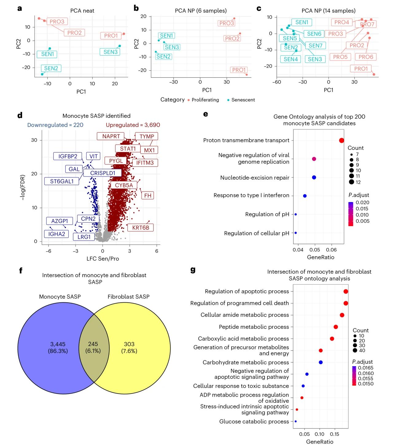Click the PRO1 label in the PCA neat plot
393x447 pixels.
[111, 36]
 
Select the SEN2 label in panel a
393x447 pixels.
[51, 68]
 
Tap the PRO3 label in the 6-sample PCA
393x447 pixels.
[227, 23]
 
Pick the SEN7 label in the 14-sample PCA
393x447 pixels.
[315, 45]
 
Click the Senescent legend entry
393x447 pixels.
[243, 100]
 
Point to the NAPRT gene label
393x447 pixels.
[111, 136]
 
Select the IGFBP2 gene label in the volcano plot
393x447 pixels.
[68, 156]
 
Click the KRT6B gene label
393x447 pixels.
[141, 228]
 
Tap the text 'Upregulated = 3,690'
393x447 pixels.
[133, 125]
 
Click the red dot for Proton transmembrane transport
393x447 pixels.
[341, 140]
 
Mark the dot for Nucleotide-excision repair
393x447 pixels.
[314, 178]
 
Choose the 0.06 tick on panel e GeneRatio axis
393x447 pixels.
[331, 250]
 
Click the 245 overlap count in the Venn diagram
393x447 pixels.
[93, 344]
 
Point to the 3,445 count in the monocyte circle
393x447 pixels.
[58, 344]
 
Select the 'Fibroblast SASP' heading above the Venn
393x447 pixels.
[128, 297]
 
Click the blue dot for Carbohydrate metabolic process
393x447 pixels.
[321, 363]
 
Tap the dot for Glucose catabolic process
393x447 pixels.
[295, 422]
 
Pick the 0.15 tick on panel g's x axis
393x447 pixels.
[334, 434]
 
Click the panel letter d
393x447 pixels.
[20, 116]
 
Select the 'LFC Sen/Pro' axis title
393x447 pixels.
[103, 259]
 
